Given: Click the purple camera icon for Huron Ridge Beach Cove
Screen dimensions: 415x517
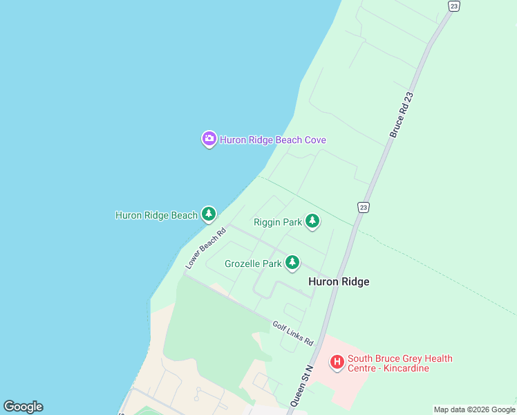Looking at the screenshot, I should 209,139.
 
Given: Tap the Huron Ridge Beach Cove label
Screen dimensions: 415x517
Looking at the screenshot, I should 273,140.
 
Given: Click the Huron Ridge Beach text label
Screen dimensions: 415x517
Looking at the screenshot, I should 156,215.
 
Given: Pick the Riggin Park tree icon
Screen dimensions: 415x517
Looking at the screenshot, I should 312,221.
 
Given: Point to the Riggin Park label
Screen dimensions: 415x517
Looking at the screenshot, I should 278,222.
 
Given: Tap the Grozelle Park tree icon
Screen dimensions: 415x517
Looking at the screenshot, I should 292,263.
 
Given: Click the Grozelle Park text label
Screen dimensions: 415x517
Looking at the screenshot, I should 253,264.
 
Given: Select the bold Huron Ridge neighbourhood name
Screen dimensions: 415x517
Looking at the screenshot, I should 339,282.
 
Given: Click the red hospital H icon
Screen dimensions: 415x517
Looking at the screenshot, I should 337,362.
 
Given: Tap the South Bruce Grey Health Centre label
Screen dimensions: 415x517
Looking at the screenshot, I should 399,358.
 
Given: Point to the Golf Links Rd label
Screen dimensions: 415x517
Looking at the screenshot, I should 293,333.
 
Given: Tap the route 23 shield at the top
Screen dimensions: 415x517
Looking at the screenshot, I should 453,6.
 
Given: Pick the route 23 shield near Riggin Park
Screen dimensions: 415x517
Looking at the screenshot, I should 364,207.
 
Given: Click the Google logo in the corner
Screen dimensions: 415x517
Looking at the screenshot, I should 23,407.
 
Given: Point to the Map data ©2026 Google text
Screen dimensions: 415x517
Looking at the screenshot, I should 474,409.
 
